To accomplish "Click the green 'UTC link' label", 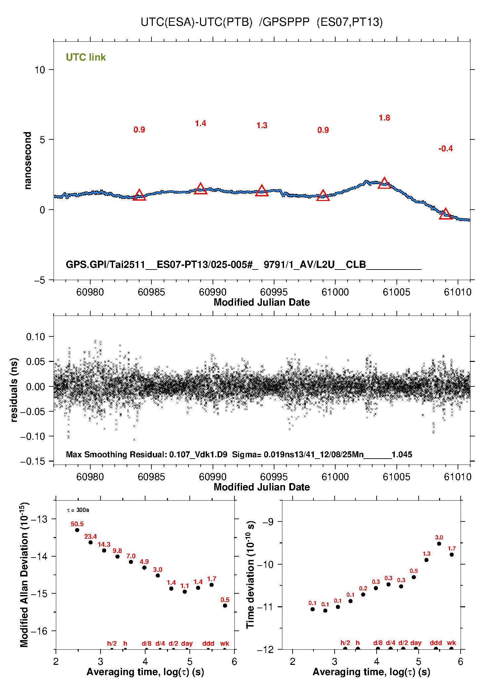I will click(x=86, y=57).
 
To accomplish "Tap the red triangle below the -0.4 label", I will click(x=445, y=214).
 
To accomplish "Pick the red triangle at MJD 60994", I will click(x=262, y=191).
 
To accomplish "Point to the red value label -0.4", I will click(x=445, y=149).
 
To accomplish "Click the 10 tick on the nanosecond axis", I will click(x=40, y=70).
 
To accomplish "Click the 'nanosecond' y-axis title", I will click(x=27, y=161).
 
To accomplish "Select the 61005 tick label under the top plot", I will click(x=396, y=292).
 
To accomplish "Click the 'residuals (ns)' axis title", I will click(x=14, y=390).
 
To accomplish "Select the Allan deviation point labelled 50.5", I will click(x=77, y=530).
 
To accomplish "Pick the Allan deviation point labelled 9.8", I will click(x=117, y=556).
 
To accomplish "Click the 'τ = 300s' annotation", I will click(x=78, y=510).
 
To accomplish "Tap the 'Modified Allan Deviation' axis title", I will click(x=24, y=574).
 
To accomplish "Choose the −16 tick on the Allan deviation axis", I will click(x=39, y=631).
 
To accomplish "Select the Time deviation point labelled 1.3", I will click(x=426, y=560).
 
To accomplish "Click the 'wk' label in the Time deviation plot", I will click(x=451, y=643).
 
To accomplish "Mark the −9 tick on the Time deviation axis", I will click(x=268, y=522).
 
